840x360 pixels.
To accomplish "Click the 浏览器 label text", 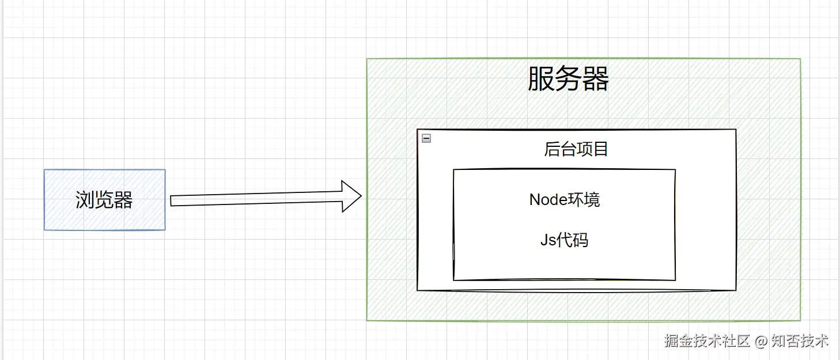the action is tap(104, 200).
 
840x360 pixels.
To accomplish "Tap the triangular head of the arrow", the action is tap(350, 196).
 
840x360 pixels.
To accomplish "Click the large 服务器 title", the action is tap(568, 79).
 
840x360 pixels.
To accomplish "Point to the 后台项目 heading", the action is tap(576, 150).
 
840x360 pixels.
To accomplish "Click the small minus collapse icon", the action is tap(426, 138).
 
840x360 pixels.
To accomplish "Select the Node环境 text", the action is tap(565, 200).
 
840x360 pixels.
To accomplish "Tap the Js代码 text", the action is tap(564, 240).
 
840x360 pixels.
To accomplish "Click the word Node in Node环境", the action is tap(547, 200).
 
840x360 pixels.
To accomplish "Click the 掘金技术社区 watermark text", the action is tap(707, 341).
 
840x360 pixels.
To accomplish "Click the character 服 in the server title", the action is tap(541, 79).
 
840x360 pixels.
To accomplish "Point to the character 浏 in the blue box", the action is tap(85, 200).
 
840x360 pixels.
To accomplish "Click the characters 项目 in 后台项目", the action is tap(593, 150).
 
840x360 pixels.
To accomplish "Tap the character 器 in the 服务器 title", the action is tap(595, 79).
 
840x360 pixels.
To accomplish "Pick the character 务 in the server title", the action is tap(568, 79).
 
